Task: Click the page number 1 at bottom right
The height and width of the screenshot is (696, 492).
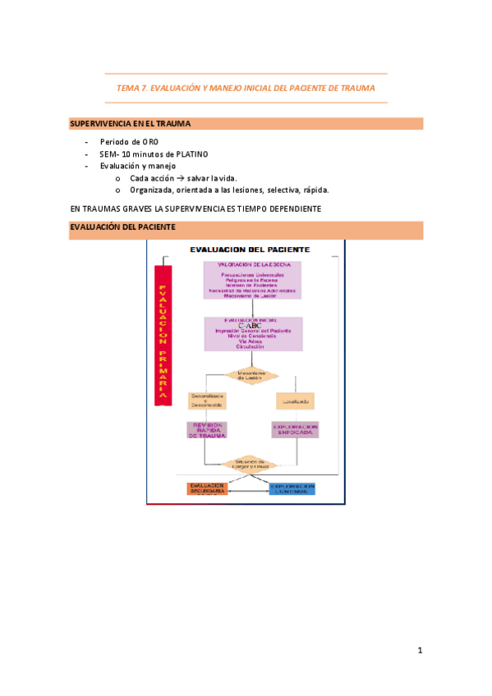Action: (x=420, y=651)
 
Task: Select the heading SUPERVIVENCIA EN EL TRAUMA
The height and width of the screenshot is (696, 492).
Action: (x=131, y=124)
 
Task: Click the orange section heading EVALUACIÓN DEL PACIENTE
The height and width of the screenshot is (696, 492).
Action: (x=122, y=227)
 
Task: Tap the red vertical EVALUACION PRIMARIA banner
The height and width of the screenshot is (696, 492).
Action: (x=163, y=337)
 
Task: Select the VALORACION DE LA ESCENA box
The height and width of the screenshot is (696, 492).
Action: (x=253, y=280)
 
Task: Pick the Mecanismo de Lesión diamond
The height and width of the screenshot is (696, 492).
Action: (x=252, y=374)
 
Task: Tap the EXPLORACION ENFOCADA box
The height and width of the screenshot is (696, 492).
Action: (x=295, y=429)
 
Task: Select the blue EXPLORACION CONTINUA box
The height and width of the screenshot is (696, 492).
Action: (x=293, y=488)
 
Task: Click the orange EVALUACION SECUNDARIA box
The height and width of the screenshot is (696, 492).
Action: (x=206, y=488)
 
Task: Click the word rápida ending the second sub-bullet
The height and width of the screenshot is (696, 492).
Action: (x=315, y=190)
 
